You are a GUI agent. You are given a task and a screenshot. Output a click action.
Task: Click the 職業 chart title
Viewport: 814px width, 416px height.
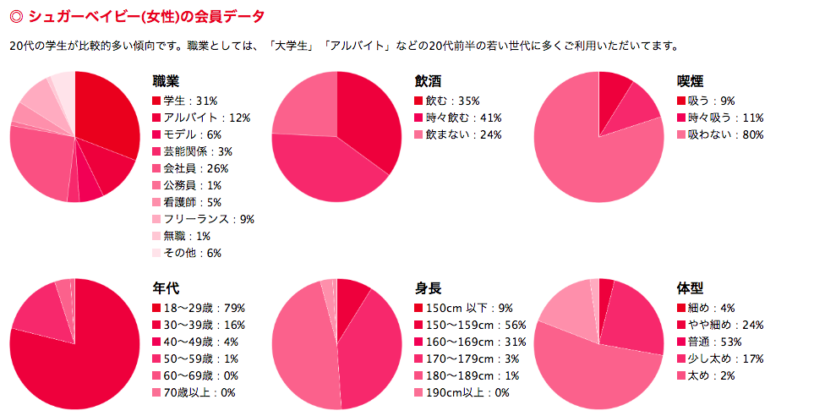tap(166, 81)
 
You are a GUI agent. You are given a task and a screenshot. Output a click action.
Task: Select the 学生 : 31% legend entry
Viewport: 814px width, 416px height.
tap(187, 101)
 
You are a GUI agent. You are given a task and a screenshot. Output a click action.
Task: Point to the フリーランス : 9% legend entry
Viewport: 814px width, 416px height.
tap(203, 219)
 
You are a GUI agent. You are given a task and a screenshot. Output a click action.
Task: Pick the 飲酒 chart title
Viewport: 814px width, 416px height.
tap(428, 81)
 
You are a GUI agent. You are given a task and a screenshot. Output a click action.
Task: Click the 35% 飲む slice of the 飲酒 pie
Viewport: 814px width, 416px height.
tap(369, 114)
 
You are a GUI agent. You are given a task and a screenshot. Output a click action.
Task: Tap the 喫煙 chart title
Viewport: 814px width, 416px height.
tap(690, 81)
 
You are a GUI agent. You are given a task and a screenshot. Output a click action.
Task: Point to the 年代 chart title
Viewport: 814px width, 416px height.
tap(166, 288)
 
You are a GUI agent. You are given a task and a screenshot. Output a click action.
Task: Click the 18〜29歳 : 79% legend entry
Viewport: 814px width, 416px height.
tap(199, 308)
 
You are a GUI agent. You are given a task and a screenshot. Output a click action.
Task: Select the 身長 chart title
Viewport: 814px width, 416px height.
tap(428, 288)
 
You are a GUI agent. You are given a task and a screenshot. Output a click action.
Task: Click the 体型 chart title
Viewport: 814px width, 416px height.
tap(690, 288)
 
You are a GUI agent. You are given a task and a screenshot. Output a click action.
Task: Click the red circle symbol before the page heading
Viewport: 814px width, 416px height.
tap(15, 16)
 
